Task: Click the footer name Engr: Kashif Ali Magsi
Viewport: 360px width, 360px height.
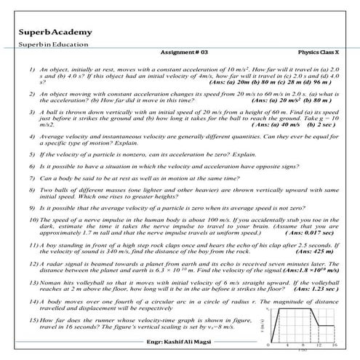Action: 179,340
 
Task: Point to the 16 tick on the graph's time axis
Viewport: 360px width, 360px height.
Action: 335,345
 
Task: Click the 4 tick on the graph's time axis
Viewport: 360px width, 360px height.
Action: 288,345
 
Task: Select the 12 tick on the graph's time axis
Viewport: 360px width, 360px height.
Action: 318,345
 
